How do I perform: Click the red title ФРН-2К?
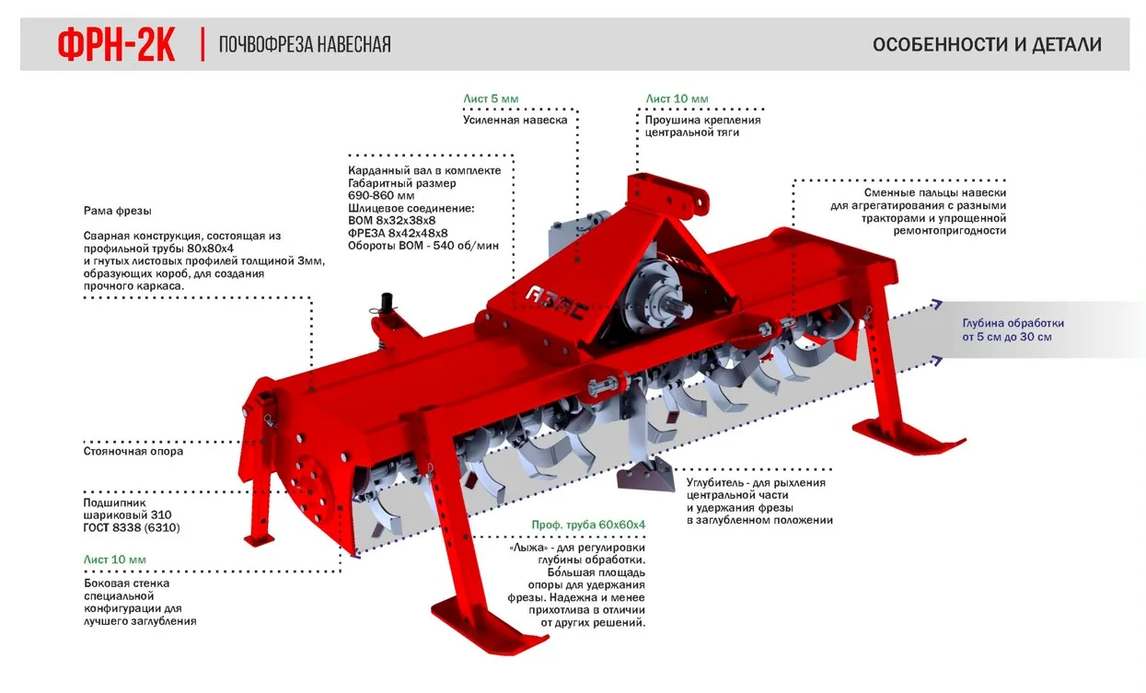(116, 45)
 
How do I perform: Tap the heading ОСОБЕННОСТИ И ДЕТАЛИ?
(987, 45)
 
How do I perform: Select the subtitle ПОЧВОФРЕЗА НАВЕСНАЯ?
(305, 45)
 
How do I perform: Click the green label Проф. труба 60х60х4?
(588, 525)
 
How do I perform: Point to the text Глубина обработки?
(1013, 323)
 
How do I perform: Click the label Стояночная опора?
(133, 451)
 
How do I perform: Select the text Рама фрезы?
(117, 211)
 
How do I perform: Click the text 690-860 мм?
(381, 196)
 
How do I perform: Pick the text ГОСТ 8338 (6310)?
(132, 528)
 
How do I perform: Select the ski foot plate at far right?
(908, 433)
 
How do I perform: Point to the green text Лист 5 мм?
(491, 98)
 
